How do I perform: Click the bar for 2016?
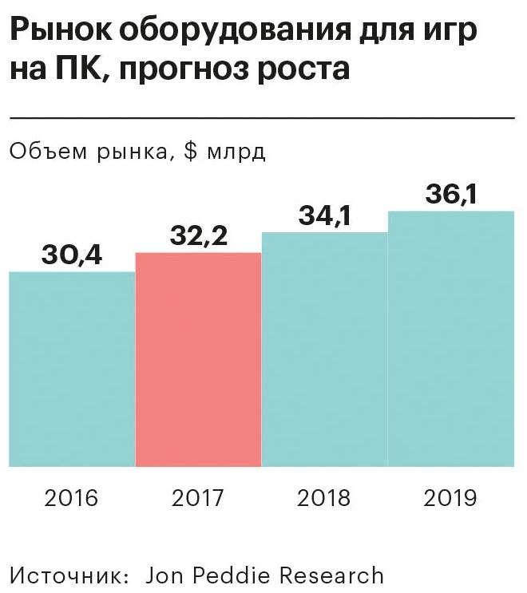(x=72, y=369)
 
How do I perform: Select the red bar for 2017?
(x=198, y=359)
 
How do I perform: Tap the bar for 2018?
(x=324, y=349)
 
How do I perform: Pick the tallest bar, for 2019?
(x=450, y=338)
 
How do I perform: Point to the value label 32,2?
(x=199, y=237)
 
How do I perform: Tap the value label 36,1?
(x=451, y=195)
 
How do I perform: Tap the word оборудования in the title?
(x=228, y=32)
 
